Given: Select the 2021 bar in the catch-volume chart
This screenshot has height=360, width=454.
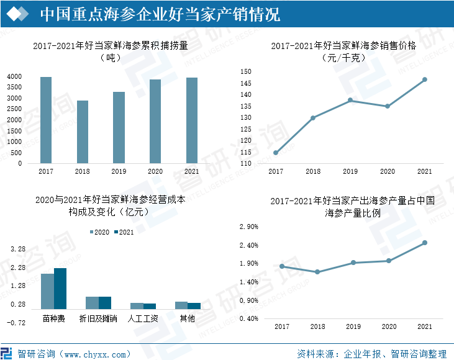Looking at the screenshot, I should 192,120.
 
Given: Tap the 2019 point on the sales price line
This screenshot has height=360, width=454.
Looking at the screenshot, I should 350,101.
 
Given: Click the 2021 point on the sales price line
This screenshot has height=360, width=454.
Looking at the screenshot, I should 425,79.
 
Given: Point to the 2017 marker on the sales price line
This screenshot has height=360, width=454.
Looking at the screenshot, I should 276,153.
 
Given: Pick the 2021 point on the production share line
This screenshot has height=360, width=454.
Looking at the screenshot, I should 425,243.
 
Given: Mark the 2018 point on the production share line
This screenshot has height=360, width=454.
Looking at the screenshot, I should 317,272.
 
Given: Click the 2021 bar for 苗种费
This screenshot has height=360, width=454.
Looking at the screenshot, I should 60,289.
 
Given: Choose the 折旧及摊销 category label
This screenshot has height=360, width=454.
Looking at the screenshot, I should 98,319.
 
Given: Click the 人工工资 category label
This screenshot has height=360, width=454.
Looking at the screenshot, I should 143,319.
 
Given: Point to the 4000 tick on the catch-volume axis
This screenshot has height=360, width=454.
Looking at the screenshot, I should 14,76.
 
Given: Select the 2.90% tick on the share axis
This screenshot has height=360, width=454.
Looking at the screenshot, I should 248,227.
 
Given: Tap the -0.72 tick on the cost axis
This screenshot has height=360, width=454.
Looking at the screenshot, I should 17,323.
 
